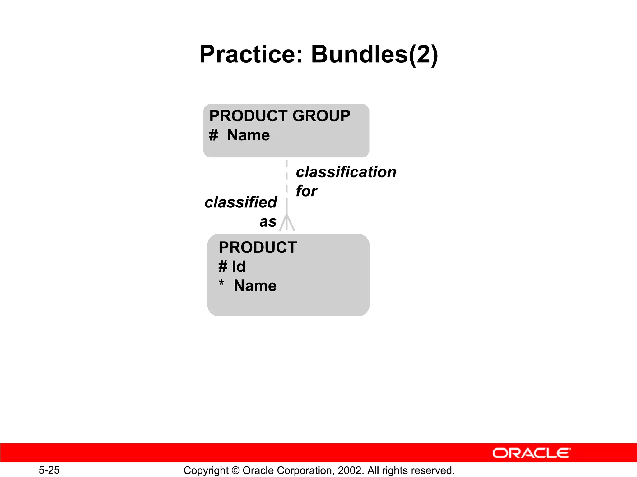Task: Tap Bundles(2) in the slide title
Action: tap(374, 55)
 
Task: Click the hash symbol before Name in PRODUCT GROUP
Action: tap(213, 135)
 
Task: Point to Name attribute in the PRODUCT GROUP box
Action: tap(248, 135)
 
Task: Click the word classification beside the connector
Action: tap(346, 172)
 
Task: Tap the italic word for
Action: tap(306, 191)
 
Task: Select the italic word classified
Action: tap(241, 202)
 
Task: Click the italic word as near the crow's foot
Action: tap(268, 222)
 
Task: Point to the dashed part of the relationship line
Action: tap(286, 177)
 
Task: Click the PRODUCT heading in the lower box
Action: tap(258, 248)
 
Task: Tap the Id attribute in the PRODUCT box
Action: tap(239, 266)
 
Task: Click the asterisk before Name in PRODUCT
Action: tap(221, 284)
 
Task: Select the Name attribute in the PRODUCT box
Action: tap(255, 286)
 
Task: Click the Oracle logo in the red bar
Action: tap(531, 453)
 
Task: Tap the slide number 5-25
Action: tap(49, 470)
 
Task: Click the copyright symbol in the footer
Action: tap(235, 470)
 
